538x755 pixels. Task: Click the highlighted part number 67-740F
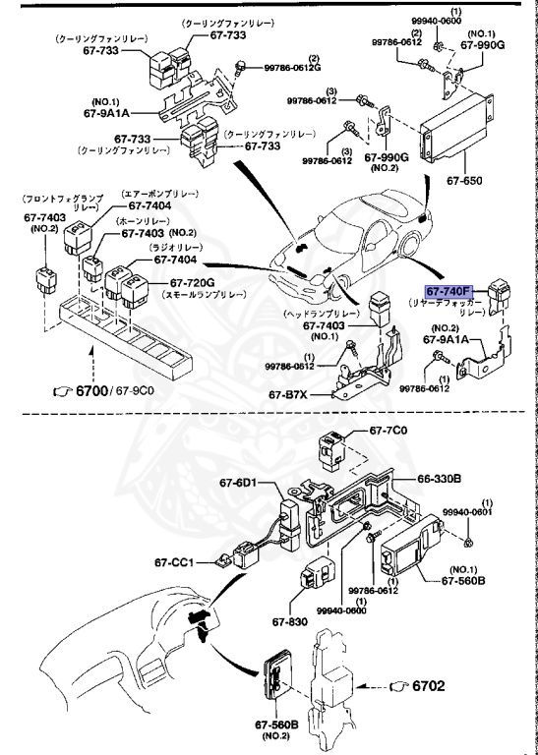click(448, 292)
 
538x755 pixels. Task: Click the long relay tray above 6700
click(118, 339)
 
